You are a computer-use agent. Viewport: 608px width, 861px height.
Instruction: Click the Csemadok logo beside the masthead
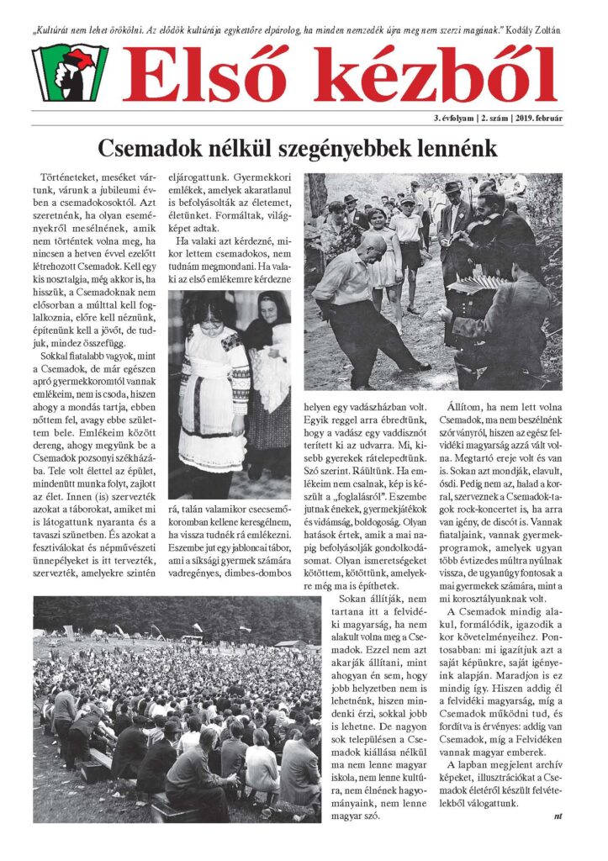click(x=70, y=73)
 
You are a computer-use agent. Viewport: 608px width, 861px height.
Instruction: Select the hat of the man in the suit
click(x=453, y=187)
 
